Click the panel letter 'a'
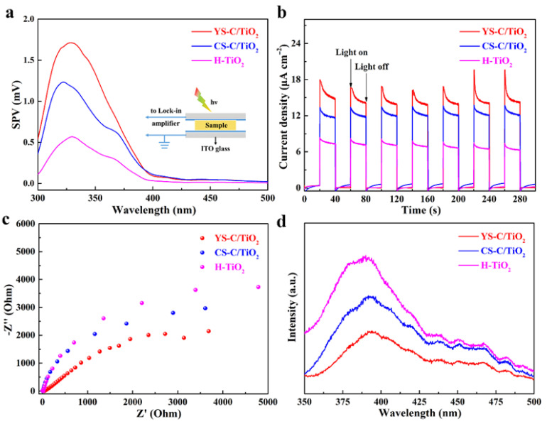point(10,13)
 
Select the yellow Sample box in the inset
point(215,125)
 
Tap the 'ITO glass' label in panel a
point(215,148)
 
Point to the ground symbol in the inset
point(165,143)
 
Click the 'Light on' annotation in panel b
point(352,53)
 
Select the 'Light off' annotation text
point(372,67)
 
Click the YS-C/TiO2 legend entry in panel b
point(493,32)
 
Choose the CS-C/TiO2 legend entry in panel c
point(229,253)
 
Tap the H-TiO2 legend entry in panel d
point(485,266)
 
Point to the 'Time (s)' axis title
point(421,210)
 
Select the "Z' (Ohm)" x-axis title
point(154,413)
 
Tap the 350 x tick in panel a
point(95,198)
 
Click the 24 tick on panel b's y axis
point(295,43)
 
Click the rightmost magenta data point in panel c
point(258,287)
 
